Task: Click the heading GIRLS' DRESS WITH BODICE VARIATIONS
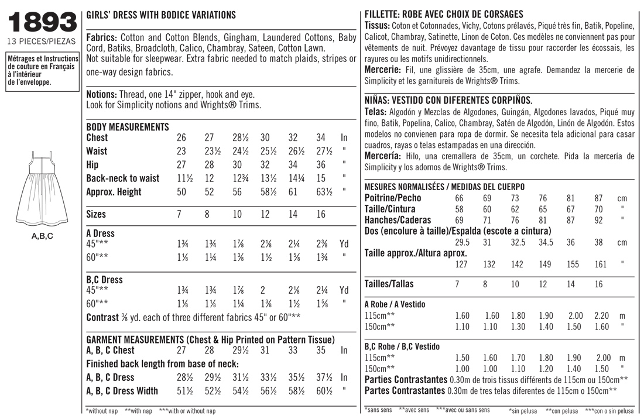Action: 161,15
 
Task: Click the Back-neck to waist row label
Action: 122,178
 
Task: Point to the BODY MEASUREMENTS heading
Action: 128,127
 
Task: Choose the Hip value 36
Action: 320,165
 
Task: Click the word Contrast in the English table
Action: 102,317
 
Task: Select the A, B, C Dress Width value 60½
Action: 321,391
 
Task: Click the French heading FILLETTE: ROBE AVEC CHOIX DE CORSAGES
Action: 444,15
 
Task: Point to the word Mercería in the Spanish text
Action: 382,157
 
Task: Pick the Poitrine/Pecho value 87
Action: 598,198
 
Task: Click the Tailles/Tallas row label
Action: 389,284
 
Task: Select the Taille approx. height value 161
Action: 601,264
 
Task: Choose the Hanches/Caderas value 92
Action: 598,221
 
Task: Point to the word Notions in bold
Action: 101,94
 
